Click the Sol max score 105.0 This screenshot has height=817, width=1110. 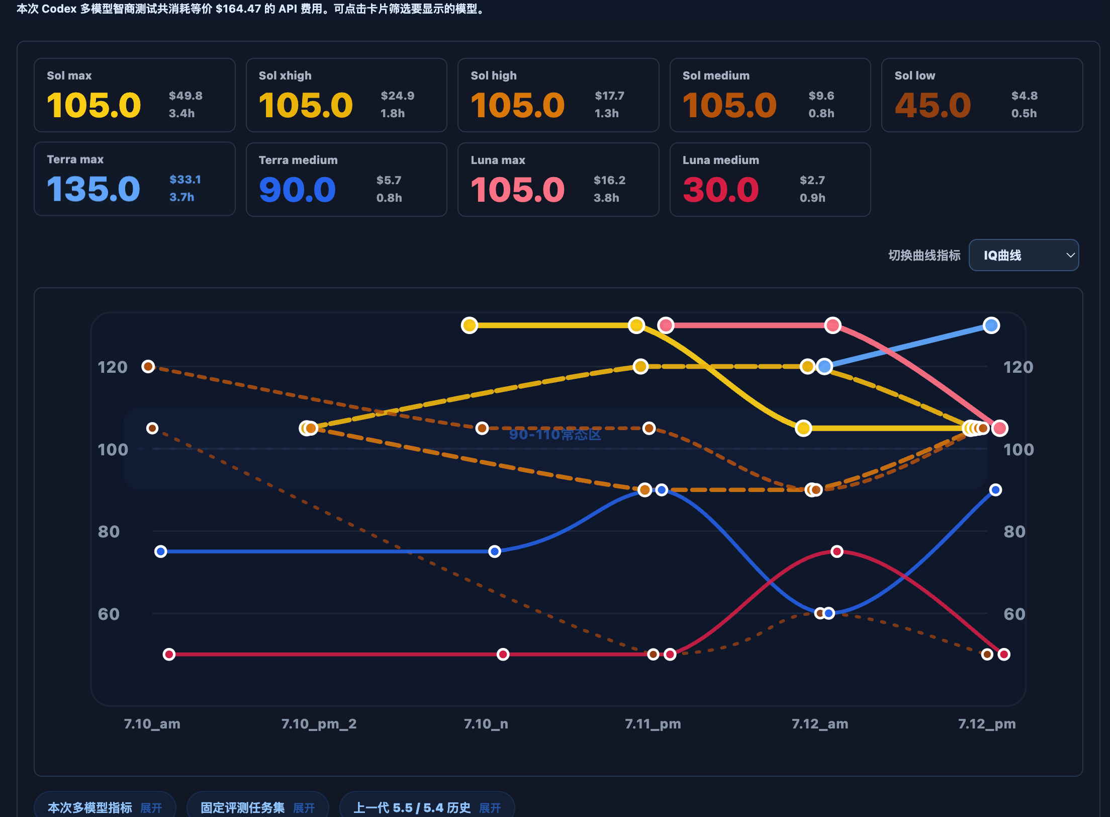pos(94,105)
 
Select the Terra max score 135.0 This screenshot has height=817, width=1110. pos(94,189)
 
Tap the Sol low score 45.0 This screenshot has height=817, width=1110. pos(933,105)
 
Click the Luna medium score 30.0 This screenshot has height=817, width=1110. pos(721,190)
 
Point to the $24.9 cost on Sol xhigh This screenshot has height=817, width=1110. pos(398,96)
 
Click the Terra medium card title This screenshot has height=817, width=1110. pos(298,160)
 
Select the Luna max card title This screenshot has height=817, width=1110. pos(498,160)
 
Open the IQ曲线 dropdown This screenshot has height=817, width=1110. pos(1024,255)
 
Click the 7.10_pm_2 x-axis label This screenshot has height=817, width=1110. pos(319,724)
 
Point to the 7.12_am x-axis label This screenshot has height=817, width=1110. pos(820,724)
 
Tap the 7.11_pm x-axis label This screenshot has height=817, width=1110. pos(653,724)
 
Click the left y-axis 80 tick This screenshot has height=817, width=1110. pos(109,532)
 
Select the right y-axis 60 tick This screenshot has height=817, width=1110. pos(1014,614)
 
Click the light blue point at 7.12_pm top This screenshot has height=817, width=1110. pos(991,325)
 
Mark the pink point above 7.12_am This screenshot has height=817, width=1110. pos(832,325)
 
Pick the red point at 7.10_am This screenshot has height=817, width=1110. pos(169,655)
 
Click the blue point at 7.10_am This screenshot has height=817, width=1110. pos(161,552)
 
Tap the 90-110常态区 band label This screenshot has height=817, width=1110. pos(555,435)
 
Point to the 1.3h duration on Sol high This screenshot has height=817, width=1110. pos(607,113)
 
